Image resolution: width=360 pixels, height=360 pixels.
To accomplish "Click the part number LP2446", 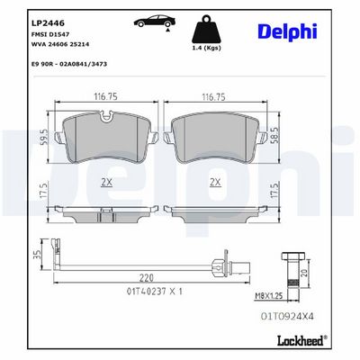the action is [48, 23].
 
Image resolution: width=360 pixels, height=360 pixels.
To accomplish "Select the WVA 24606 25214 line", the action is [60, 44].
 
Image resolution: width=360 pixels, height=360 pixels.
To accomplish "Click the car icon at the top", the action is [155, 22].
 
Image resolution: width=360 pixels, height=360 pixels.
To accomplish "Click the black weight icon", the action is [206, 29].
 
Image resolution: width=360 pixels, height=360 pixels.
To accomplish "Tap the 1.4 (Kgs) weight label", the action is [206, 48].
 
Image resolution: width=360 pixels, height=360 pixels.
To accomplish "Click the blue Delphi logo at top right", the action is [287, 31].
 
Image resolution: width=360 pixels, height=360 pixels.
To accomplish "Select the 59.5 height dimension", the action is [45, 138].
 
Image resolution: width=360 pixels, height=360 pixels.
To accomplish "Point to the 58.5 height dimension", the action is [275, 136].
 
